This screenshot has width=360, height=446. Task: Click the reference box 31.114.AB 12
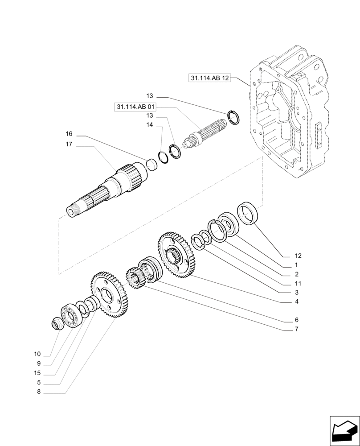pyautogui.click(x=210, y=78)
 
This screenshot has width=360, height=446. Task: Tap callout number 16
pyautogui.click(x=69, y=134)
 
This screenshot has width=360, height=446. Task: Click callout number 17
pyautogui.click(x=69, y=144)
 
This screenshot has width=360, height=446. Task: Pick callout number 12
pyautogui.click(x=298, y=256)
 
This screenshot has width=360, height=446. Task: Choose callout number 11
pyautogui.click(x=298, y=284)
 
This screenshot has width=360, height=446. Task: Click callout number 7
pyautogui.click(x=296, y=330)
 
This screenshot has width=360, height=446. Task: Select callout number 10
pyautogui.click(x=37, y=354)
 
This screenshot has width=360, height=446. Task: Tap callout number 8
pyautogui.click(x=39, y=392)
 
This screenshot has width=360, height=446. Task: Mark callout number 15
pyautogui.click(x=37, y=373)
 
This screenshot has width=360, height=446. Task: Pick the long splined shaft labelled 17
pyautogui.click(x=107, y=190)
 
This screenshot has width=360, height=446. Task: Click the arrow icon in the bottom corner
pyautogui.click(x=344, y=430)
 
